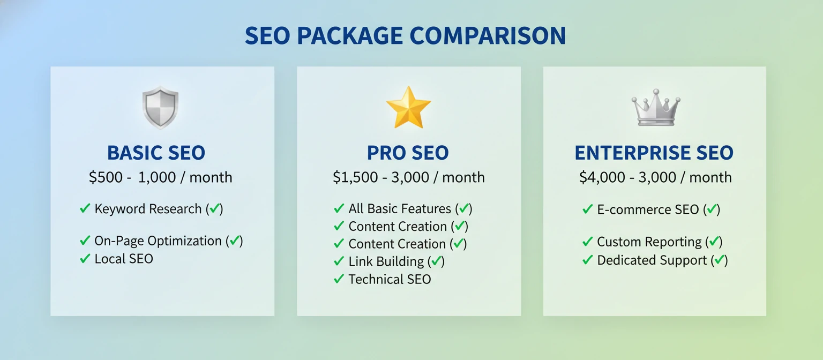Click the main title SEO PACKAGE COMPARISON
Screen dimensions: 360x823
pos(405,36)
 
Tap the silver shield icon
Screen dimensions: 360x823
pos(160,108)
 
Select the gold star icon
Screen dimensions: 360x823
pos(408,107)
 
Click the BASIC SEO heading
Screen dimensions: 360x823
pos(156,153)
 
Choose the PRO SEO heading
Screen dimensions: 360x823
pos(408,153)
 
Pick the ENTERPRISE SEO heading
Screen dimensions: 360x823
pos(654,153)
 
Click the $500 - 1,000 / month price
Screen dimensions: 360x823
pos(160,177)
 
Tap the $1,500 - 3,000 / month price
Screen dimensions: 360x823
pos(408,177)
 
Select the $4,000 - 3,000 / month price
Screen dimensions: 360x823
pos(655,177)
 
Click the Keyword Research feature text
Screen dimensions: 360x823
pos(148,209)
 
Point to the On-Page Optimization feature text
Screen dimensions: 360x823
pos(158,241)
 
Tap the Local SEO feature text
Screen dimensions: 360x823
pos(124,259)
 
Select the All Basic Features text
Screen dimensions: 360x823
pos(400,209)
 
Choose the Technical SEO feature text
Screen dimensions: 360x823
pos(390,279)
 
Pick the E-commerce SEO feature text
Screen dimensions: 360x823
pos(648,209)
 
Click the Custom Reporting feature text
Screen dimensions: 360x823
pos(649,242)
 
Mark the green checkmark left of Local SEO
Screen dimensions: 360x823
pos(85,259)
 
